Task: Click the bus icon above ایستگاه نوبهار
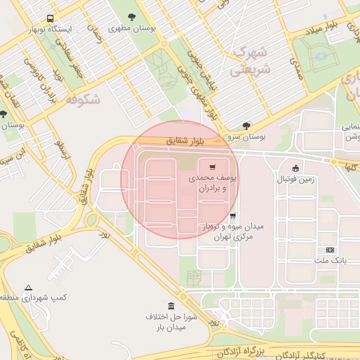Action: pyautogui.click(x=49, y=19)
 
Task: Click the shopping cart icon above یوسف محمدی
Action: pyautogui.click(x=212, y=167)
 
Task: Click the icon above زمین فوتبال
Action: pyautogui.click(x=295, y=168)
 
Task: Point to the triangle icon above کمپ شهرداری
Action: pyautogui.click(x=28, y=288)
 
